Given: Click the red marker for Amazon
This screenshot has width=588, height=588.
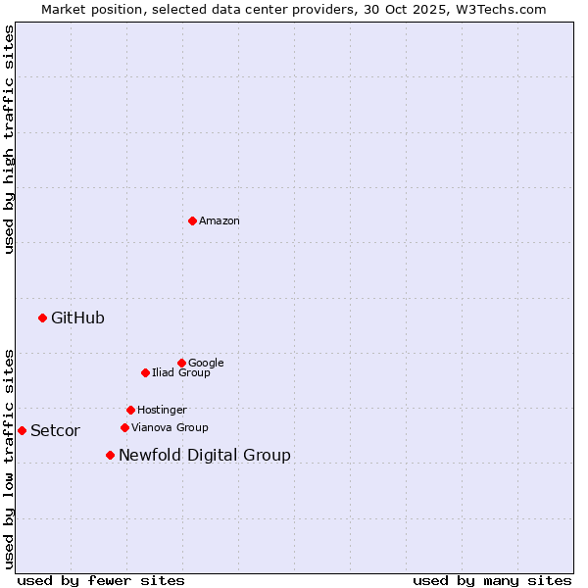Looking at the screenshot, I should click(192, 220).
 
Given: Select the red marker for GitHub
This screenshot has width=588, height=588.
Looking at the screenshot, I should click(42, 318).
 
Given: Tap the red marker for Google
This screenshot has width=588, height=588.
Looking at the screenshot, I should click(181, 363).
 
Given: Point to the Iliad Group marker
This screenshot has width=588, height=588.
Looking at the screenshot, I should click(145, 372).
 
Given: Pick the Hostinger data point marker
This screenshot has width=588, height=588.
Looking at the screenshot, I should click(130, 410).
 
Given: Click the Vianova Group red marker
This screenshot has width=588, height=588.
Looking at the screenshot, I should click(124, 427).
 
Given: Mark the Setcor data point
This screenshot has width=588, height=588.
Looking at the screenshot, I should click(22, 430).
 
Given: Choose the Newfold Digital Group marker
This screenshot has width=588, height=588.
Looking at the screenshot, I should click(110, 455).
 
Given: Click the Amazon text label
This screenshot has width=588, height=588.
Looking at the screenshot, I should click(220, 221).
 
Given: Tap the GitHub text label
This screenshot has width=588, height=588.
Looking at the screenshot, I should click(77, 318).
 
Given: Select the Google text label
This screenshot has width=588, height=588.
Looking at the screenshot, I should click(206, 364).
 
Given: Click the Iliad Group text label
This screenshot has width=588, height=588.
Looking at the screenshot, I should click(181, 373).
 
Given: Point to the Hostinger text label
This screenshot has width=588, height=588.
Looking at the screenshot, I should click(162, 411).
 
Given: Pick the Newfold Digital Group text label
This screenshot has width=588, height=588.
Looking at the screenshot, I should click(205, 455).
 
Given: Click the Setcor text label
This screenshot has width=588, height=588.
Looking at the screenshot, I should click(55, 431).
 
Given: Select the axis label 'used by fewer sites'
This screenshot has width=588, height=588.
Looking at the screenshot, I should click(101, 580).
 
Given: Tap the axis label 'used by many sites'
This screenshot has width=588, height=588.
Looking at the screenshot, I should click(492, 580).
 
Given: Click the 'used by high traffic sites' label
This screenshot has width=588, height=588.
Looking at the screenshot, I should click(9, 139).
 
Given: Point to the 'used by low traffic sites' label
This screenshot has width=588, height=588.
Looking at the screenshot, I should click(9, 458).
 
